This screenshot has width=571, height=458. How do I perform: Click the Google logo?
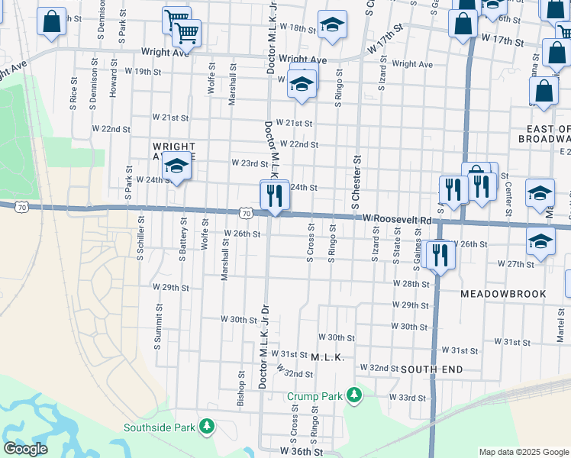(25, 449)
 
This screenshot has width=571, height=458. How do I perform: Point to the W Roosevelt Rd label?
(397, 219)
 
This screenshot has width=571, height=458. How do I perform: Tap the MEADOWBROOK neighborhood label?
(503, 293)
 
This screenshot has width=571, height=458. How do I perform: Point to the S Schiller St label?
(141, 239)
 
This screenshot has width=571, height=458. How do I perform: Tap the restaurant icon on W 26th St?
(440, 254)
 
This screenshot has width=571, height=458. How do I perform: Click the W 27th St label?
(515, 264)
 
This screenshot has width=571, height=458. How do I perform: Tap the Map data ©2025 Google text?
(522, 452)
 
